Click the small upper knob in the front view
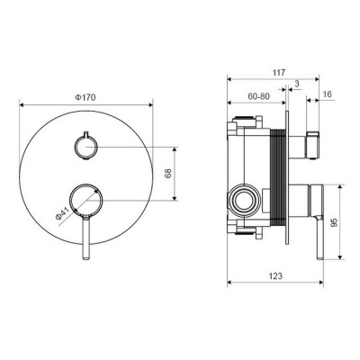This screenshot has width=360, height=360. [x=85, y=146]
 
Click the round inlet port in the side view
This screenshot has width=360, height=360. [x=241, y=199]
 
